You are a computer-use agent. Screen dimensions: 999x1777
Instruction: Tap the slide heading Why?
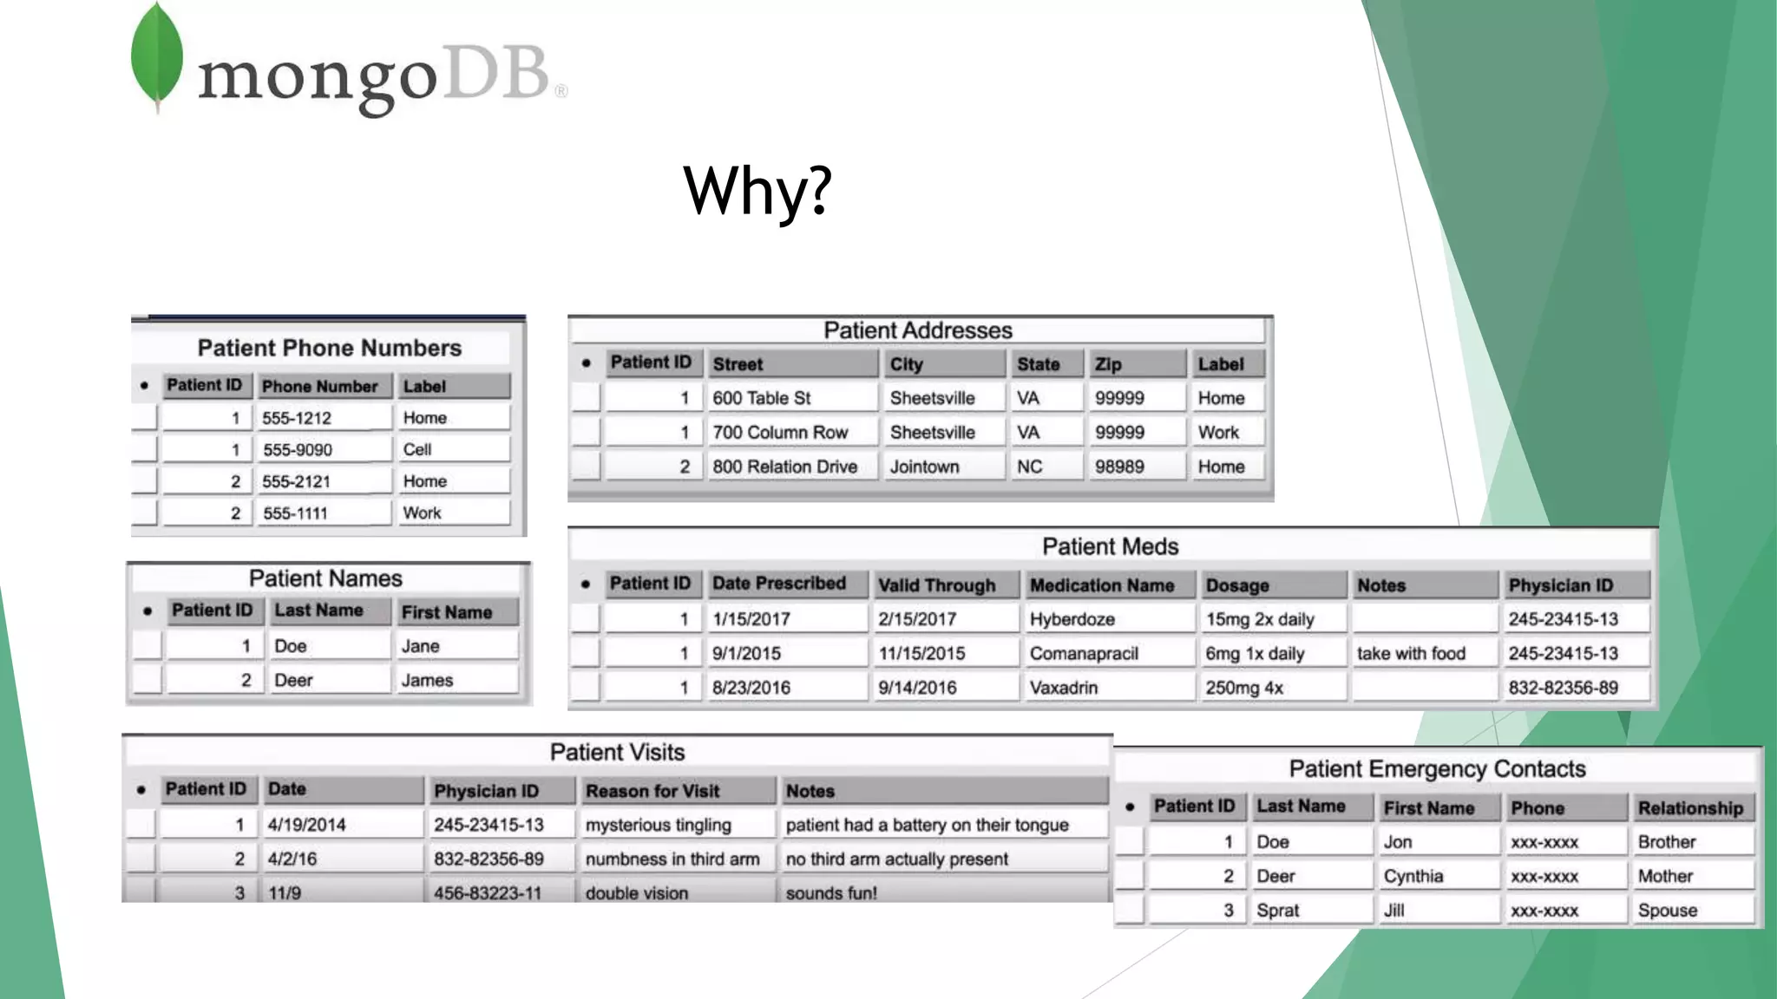(x=757, y=190)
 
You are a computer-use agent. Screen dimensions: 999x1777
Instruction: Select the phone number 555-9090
(x=297, y=449)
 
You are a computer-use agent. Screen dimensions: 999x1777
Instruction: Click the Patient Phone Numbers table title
(x=329, y=348)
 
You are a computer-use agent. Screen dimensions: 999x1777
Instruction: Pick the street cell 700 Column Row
(x=780, y=432)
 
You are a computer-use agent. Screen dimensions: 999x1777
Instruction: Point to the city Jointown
(x=924, y=467)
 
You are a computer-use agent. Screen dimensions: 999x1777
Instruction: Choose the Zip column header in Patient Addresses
(x=1108, y=364)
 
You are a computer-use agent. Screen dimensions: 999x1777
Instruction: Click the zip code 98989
(x=1119, y=467)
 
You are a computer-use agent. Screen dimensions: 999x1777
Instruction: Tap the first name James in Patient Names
(x=427, y=680)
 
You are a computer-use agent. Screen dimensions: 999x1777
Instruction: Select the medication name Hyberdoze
(x=1072, y=619)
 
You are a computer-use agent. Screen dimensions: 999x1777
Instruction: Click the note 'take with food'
(x=1411, y=653)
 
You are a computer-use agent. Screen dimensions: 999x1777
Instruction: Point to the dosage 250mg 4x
(x=1243, y=688)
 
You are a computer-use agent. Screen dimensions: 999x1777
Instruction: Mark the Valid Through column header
(x=936, y=585)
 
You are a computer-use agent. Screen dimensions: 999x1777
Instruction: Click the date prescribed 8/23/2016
(x=751, y=688)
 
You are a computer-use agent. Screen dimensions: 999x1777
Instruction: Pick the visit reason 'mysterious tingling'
(x=658, y=825)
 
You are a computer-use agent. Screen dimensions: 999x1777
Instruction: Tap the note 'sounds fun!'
(x=831, y=892)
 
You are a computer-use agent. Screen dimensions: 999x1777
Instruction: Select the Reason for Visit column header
(x=652, y=791)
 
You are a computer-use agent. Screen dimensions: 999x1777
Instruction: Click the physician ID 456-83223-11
(x=488, y=892)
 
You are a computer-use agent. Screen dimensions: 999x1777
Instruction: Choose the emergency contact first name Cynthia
(x=1413, y=876)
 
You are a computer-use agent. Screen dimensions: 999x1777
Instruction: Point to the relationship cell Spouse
(x=1667, y=910)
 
